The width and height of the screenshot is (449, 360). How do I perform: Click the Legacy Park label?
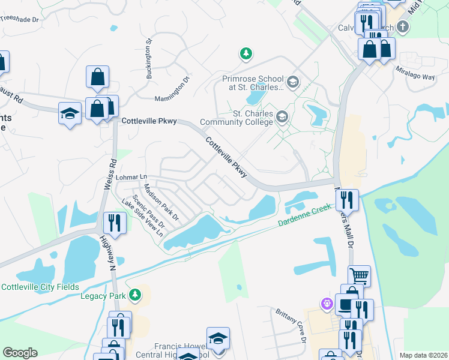click(x=104, y=295)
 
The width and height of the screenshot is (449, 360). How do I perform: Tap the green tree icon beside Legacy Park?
click(x=136, y=294)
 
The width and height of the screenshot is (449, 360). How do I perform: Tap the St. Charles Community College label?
click(x=245, y=118)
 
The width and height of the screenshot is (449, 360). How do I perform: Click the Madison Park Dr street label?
click(x=161, y=202)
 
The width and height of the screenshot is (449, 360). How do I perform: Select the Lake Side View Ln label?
click(x=142, y=218)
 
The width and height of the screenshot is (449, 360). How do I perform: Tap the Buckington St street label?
click(x=149, y=59)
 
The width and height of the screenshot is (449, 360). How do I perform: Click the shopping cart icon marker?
click(x=359, y=276)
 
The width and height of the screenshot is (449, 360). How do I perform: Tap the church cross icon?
click(x=402, y=27)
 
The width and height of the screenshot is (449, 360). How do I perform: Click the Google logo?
click(x=20, y=352)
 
